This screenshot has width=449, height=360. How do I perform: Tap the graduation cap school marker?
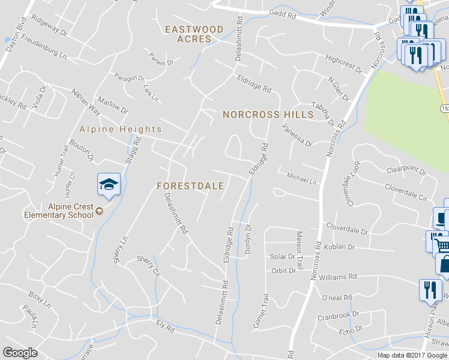[x=109, y=184]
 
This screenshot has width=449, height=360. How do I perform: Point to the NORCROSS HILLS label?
[x=268, y=114]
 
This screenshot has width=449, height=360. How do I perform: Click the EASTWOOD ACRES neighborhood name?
[x=194, y=34]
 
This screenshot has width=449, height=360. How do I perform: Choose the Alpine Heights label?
[x=121, y=129]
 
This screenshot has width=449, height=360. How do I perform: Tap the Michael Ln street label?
[x=301, y=179]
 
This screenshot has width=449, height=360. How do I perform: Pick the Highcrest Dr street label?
[x=344, y=64]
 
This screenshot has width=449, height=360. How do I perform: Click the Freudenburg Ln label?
[x=44, y=46]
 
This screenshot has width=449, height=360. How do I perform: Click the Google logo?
[x=20, y=353]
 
